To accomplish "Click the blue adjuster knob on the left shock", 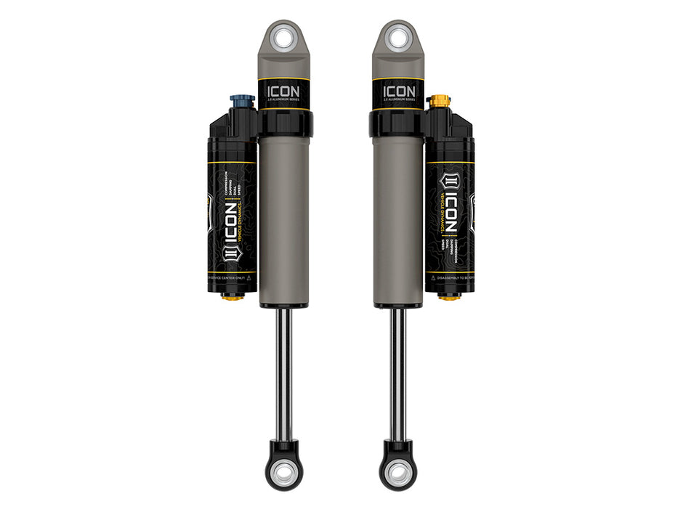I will tap(243, 100).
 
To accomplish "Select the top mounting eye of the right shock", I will tap(397, 38).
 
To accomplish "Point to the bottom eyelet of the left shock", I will tap(284, 473).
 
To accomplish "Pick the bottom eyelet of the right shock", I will tap(398, 473).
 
